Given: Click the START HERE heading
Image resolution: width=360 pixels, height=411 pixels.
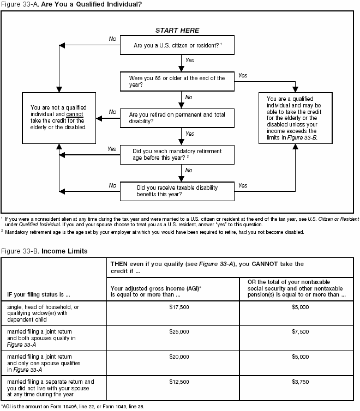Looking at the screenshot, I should [x=177, y=31].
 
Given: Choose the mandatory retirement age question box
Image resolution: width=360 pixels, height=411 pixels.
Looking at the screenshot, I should [x=177, y=154].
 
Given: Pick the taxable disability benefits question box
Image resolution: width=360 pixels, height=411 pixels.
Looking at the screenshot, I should [x=177, y=191].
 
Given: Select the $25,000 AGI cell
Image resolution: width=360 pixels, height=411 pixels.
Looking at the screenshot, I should [x=172, y=331].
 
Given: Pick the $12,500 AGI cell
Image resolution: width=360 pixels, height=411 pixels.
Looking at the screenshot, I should [x=172, y=382].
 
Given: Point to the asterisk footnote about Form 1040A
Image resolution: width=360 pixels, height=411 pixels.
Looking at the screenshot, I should [x=73, y=406].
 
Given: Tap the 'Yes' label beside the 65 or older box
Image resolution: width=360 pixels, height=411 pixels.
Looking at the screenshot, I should [x=243, y=76].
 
